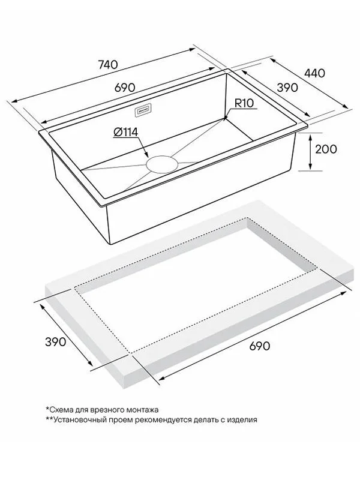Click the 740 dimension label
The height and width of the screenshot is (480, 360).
pos(108,65)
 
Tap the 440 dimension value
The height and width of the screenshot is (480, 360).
pos(314,73)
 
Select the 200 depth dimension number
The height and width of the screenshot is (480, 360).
pos(326,149)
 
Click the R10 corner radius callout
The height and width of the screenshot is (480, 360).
pos(244,103)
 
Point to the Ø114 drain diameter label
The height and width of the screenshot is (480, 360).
pos(125,132)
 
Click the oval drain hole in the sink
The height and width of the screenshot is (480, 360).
pos(162,164)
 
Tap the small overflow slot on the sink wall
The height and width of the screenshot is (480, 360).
pos(143,110)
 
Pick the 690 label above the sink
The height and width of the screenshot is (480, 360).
pos(125,88)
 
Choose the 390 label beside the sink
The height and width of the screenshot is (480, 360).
pos(287,88)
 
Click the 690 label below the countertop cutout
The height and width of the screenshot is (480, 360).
pos(260,346)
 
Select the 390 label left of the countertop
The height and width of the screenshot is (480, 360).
pos(55,341)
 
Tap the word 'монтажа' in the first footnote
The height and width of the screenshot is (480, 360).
pos(144,410)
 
